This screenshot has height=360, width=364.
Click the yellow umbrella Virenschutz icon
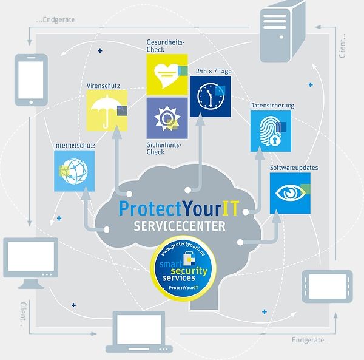(x=107, y=110)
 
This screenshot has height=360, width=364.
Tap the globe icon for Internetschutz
(x=74, y=171)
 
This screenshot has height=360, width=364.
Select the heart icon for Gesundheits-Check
(x=167, y=75)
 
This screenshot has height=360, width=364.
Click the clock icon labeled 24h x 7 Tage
(x=211, y=96)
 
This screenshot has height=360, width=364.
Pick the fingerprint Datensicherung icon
(x=271, y=131)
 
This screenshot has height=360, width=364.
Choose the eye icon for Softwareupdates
(x=290, y=192)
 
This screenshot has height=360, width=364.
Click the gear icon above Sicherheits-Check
(x=167, y=118)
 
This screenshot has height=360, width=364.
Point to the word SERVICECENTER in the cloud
(x=180, y=226)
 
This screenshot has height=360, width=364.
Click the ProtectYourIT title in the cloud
(x=180, y=208)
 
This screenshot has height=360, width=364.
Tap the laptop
(x=140, y=333)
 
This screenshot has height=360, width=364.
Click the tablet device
(x=326, y=285)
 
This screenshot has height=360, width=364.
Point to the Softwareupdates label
(x=294, y=167)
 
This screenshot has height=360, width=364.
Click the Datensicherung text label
(x=272, y=105)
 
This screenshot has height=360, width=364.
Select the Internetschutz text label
(x=74, y=146)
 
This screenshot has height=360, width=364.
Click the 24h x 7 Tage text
(x=214, y=71)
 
